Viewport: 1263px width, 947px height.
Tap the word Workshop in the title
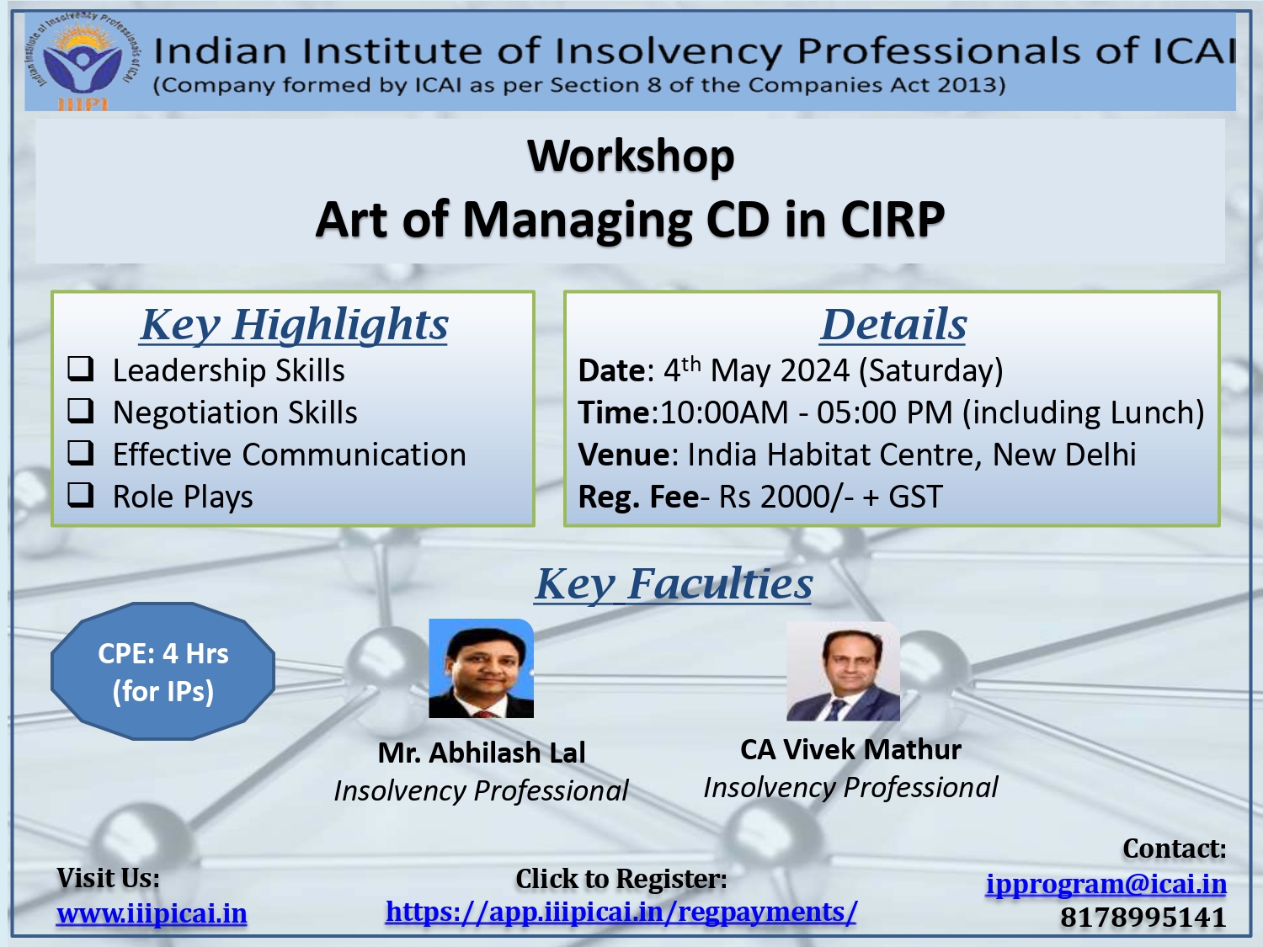coord(631,157)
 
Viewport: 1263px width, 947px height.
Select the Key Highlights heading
coord(294,325)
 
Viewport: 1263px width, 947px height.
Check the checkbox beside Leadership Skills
coord(81,369)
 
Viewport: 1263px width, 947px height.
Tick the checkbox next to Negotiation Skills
coord(81,411)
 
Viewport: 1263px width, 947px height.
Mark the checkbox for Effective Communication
coord(81,453)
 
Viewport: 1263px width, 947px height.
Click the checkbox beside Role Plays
coord(81,494)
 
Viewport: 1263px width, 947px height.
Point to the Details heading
coord(893,325)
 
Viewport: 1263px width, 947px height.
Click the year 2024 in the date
coord(815,370)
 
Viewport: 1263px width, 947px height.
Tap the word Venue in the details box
coord(624,455)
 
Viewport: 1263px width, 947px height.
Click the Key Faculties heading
coord(674,584)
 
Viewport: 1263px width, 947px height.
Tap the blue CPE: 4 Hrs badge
coord(163,671)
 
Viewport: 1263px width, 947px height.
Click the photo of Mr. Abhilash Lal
coord(481,668)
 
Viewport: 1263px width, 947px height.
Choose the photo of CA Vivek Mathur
coord(843,671)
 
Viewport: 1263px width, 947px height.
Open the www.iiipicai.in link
coord(152,914)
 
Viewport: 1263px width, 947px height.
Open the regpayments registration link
coord(621,912)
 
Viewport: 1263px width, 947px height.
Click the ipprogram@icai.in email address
coord(1106,885)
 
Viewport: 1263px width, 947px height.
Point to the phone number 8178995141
coord(1143,918)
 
